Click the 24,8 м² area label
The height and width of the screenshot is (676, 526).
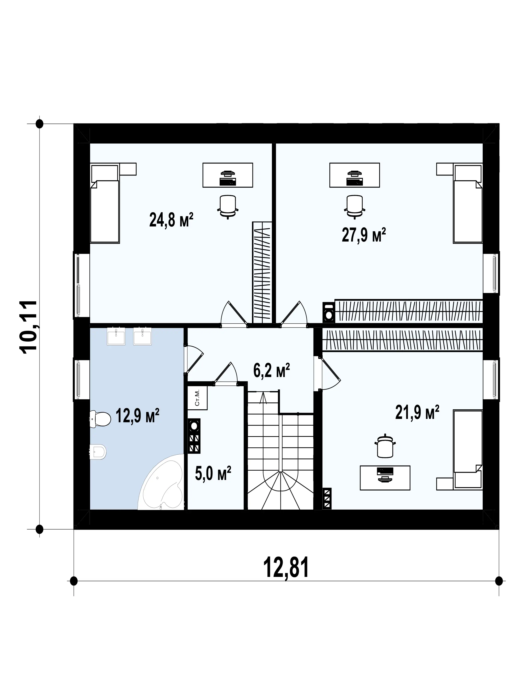point(171,220)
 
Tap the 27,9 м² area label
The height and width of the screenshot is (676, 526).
point(364,234)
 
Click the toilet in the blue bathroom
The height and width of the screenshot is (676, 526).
point(100,419)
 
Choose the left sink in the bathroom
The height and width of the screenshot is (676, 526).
point(116,336)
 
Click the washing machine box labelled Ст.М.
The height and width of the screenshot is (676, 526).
point(197,398)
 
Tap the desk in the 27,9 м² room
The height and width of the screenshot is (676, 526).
point(354,175)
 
